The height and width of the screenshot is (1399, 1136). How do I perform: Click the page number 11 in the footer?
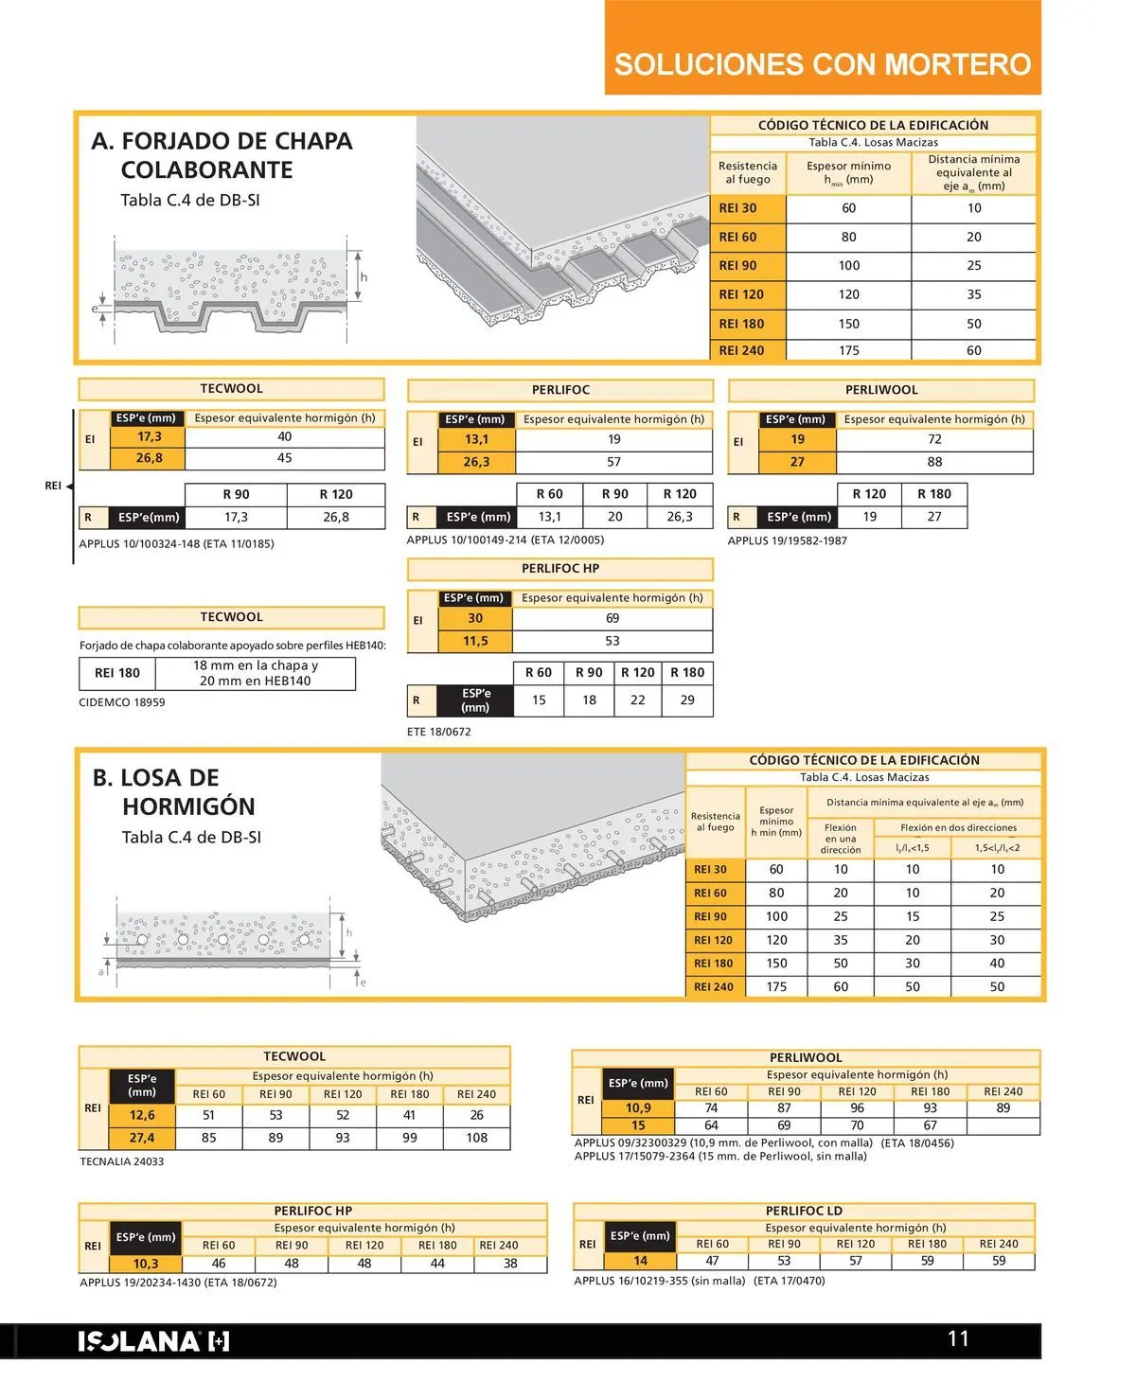(x=958, y=1338)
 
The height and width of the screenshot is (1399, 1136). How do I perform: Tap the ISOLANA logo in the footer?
(x=153, y=1341)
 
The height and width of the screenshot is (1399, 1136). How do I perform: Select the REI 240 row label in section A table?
(x=741, y=350)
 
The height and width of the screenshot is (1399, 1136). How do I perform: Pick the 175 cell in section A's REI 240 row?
(x=849, y=350)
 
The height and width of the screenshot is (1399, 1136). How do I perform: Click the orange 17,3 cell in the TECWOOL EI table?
(x=149, y=437)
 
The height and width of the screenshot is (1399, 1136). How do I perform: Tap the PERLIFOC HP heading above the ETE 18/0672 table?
(x=560, y=569)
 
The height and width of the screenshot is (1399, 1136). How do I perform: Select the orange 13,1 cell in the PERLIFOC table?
(x=476, y=439)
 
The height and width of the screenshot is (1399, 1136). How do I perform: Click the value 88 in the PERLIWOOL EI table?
(x=934, y=462)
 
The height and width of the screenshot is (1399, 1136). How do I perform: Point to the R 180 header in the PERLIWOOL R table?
(x=934, y=494)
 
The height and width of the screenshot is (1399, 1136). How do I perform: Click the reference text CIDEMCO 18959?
(x=122, y=702)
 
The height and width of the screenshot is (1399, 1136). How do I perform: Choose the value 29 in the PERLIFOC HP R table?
(x=687, y=700)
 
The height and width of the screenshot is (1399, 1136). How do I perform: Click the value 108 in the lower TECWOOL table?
(x=477, y=1138)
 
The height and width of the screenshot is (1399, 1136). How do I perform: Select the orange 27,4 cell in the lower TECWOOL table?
(x=142, y=1138)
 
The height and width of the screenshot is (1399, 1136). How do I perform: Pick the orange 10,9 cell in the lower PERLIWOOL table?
(x=638, y=1107)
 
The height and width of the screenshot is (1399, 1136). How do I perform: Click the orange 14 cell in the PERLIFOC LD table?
(x=641, y=1261)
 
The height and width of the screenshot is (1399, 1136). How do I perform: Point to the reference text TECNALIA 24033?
(x=122, y=1161)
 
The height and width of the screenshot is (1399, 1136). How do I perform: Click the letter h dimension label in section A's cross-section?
(x=364, y=277)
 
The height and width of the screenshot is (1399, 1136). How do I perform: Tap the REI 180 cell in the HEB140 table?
(x=117, y=673)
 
